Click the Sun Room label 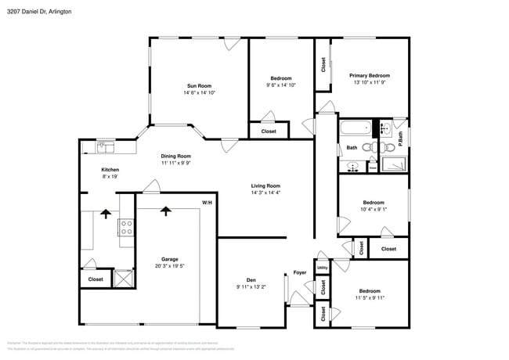pos(199,85)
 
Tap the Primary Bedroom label pos(370,75)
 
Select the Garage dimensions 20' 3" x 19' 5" pos(170,266)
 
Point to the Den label pos(251,279)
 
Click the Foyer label pos(300,272)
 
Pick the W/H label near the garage pos(207,203)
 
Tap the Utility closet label pos(322,268)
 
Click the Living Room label pos(265,185)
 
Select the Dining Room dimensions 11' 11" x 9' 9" pos(176,163)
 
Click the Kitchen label pos(110,170)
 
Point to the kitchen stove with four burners pos(125,227)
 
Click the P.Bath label pos(400,135)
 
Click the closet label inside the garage pos(96,279)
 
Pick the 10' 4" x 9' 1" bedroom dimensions pos(373,209)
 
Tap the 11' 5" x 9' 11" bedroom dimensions pos(370,297)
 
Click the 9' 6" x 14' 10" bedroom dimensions pos(281,85)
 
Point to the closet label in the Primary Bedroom pos(323,65)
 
